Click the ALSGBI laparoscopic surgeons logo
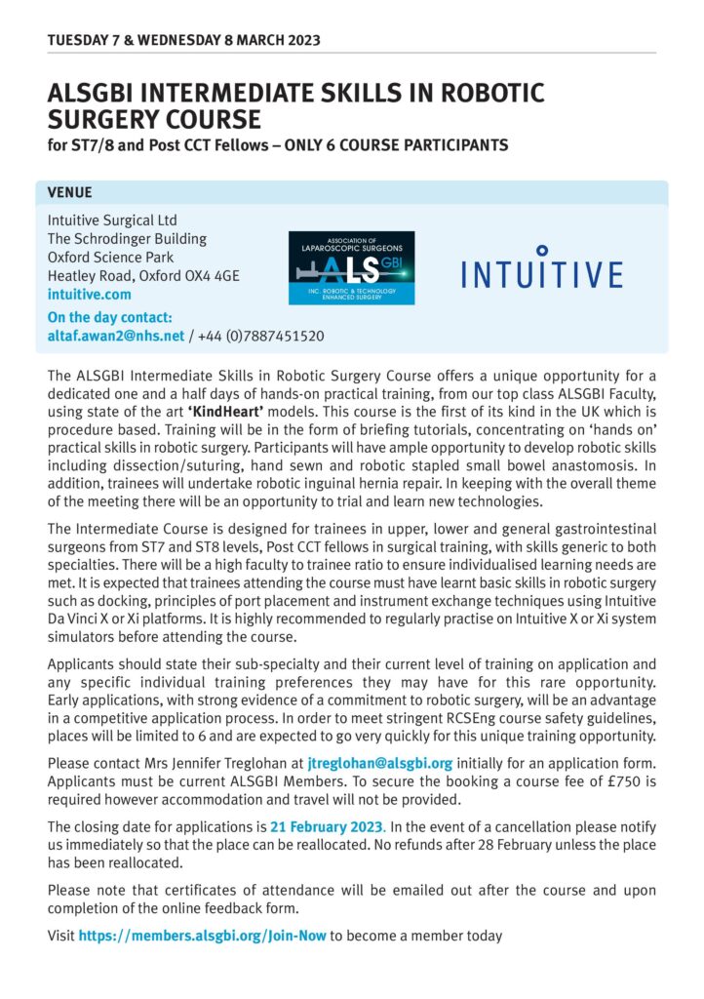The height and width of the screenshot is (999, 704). [x=351, y=267]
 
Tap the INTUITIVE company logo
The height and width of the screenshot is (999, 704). [x=541, y=268]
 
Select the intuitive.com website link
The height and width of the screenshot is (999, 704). [x=89, y=294]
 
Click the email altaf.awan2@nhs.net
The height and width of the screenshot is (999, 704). [x=116, y=336]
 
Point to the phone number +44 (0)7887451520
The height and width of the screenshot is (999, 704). [x=260, y=336]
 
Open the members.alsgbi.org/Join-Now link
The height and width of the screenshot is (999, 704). [x=202, y=936]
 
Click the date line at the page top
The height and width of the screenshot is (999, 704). [x=183, y=40]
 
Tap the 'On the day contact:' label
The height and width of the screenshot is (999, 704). [x=110, y=317]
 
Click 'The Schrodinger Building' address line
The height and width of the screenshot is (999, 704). [x=127, y=238]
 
